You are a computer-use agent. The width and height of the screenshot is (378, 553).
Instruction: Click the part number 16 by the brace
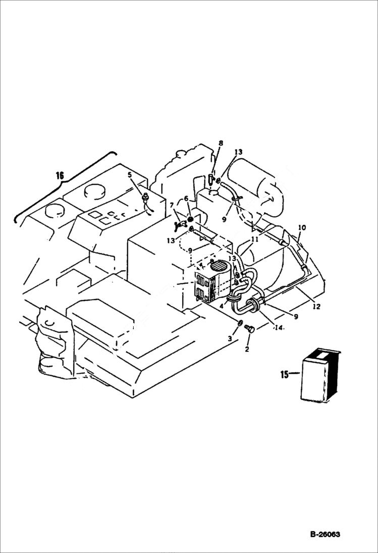click(x=60, y=175)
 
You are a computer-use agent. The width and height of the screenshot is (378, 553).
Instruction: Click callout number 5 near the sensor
click(x=130, y=175)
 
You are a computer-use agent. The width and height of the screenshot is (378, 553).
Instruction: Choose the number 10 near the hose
click(x=302, y=227)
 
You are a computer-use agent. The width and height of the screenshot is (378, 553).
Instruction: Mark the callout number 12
click(x=316, y=306)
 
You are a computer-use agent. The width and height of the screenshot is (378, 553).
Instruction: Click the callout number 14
click(x=279, y=328)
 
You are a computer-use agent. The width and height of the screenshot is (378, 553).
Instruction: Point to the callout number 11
click(x=255, y=240)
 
